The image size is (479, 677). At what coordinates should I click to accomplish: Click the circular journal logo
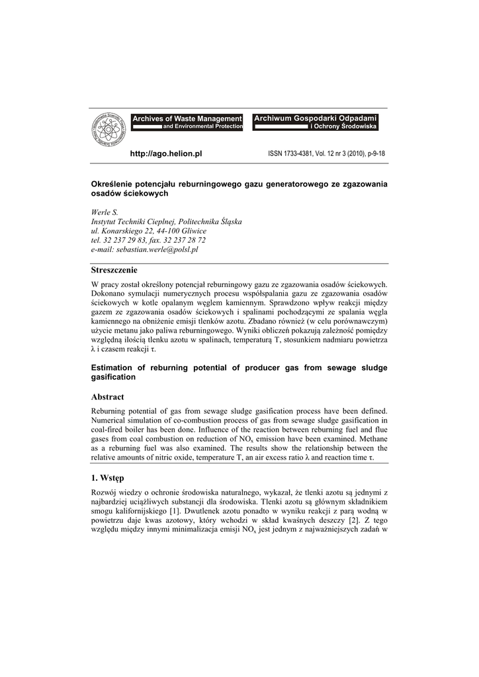pos(108,130)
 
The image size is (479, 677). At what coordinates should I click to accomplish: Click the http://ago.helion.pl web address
pos(165,153)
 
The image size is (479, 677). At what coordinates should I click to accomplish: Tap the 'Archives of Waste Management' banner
pos(187,118)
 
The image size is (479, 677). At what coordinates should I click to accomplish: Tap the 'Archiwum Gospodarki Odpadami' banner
pos(315,118)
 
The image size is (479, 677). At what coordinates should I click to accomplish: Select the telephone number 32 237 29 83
pos(126,241)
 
